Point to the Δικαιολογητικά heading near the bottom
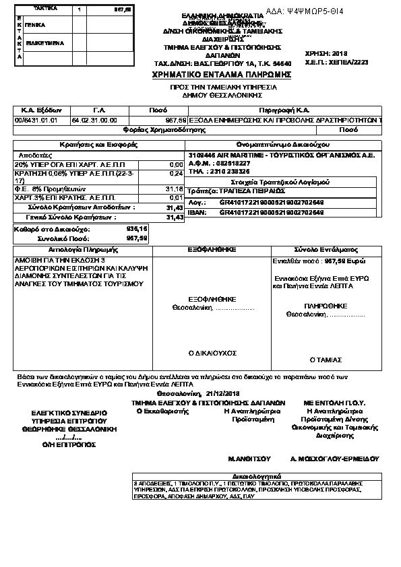click(268, 475)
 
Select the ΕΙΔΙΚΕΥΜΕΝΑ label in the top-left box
click(44, 42)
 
